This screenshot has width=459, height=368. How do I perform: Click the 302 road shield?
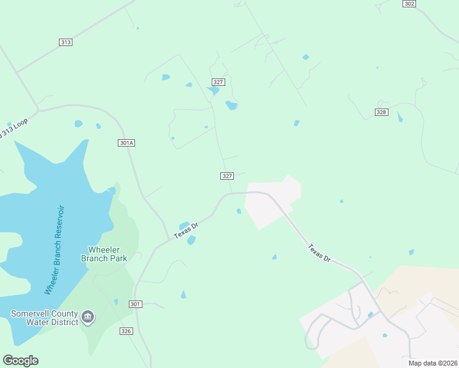(x=410, y=4)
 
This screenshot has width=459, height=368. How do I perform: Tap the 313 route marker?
(x=66, y=42)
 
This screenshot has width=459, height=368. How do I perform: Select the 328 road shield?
(x=382, y=112)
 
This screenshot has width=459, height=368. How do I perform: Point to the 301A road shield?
(x=126, y=143)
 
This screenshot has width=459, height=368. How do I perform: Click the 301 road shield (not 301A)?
(x=136, y=304)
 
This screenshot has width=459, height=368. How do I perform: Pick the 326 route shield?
(x=126, y=331)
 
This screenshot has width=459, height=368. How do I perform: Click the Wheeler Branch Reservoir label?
(x=55, y=248)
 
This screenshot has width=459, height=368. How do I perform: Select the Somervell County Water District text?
(x=44, y=318)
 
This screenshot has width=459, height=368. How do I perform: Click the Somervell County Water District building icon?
(x=88, y=316)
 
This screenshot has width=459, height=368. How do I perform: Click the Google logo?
(x=20, y=361)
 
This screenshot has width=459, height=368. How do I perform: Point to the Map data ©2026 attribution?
(x=433, y=363)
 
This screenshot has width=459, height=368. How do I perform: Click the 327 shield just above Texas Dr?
(x=227, y=176)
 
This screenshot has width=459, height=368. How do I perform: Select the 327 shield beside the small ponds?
(x=218, y=82)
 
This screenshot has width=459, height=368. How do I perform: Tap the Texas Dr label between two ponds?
(x=186, y=231)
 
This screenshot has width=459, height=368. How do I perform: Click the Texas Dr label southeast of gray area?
(x=319, y=253)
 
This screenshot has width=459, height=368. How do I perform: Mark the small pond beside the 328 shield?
(x=400, y=116)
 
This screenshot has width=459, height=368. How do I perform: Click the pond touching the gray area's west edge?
(x=239, y=212)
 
